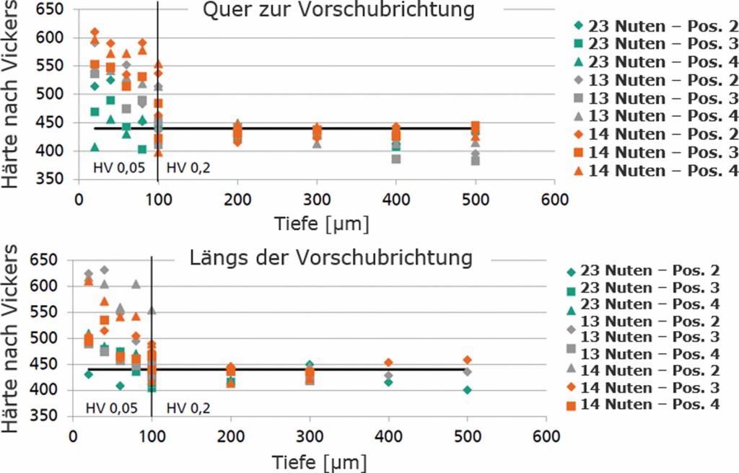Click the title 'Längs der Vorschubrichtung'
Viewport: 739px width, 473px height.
coord(330,257)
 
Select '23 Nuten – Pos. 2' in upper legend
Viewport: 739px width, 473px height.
coord(663,27)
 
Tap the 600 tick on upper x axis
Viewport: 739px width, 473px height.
coord(554,198)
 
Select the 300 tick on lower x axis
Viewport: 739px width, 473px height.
coord(309,437)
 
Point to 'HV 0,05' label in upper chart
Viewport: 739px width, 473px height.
coord(119,189)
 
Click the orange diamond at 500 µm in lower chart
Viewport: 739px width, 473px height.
coord(467,360)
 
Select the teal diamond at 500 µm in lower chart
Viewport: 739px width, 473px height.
coord(467,390)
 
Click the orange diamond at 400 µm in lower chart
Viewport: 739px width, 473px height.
coord(388,363)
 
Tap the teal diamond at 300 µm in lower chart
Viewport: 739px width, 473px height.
coord(310,365)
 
